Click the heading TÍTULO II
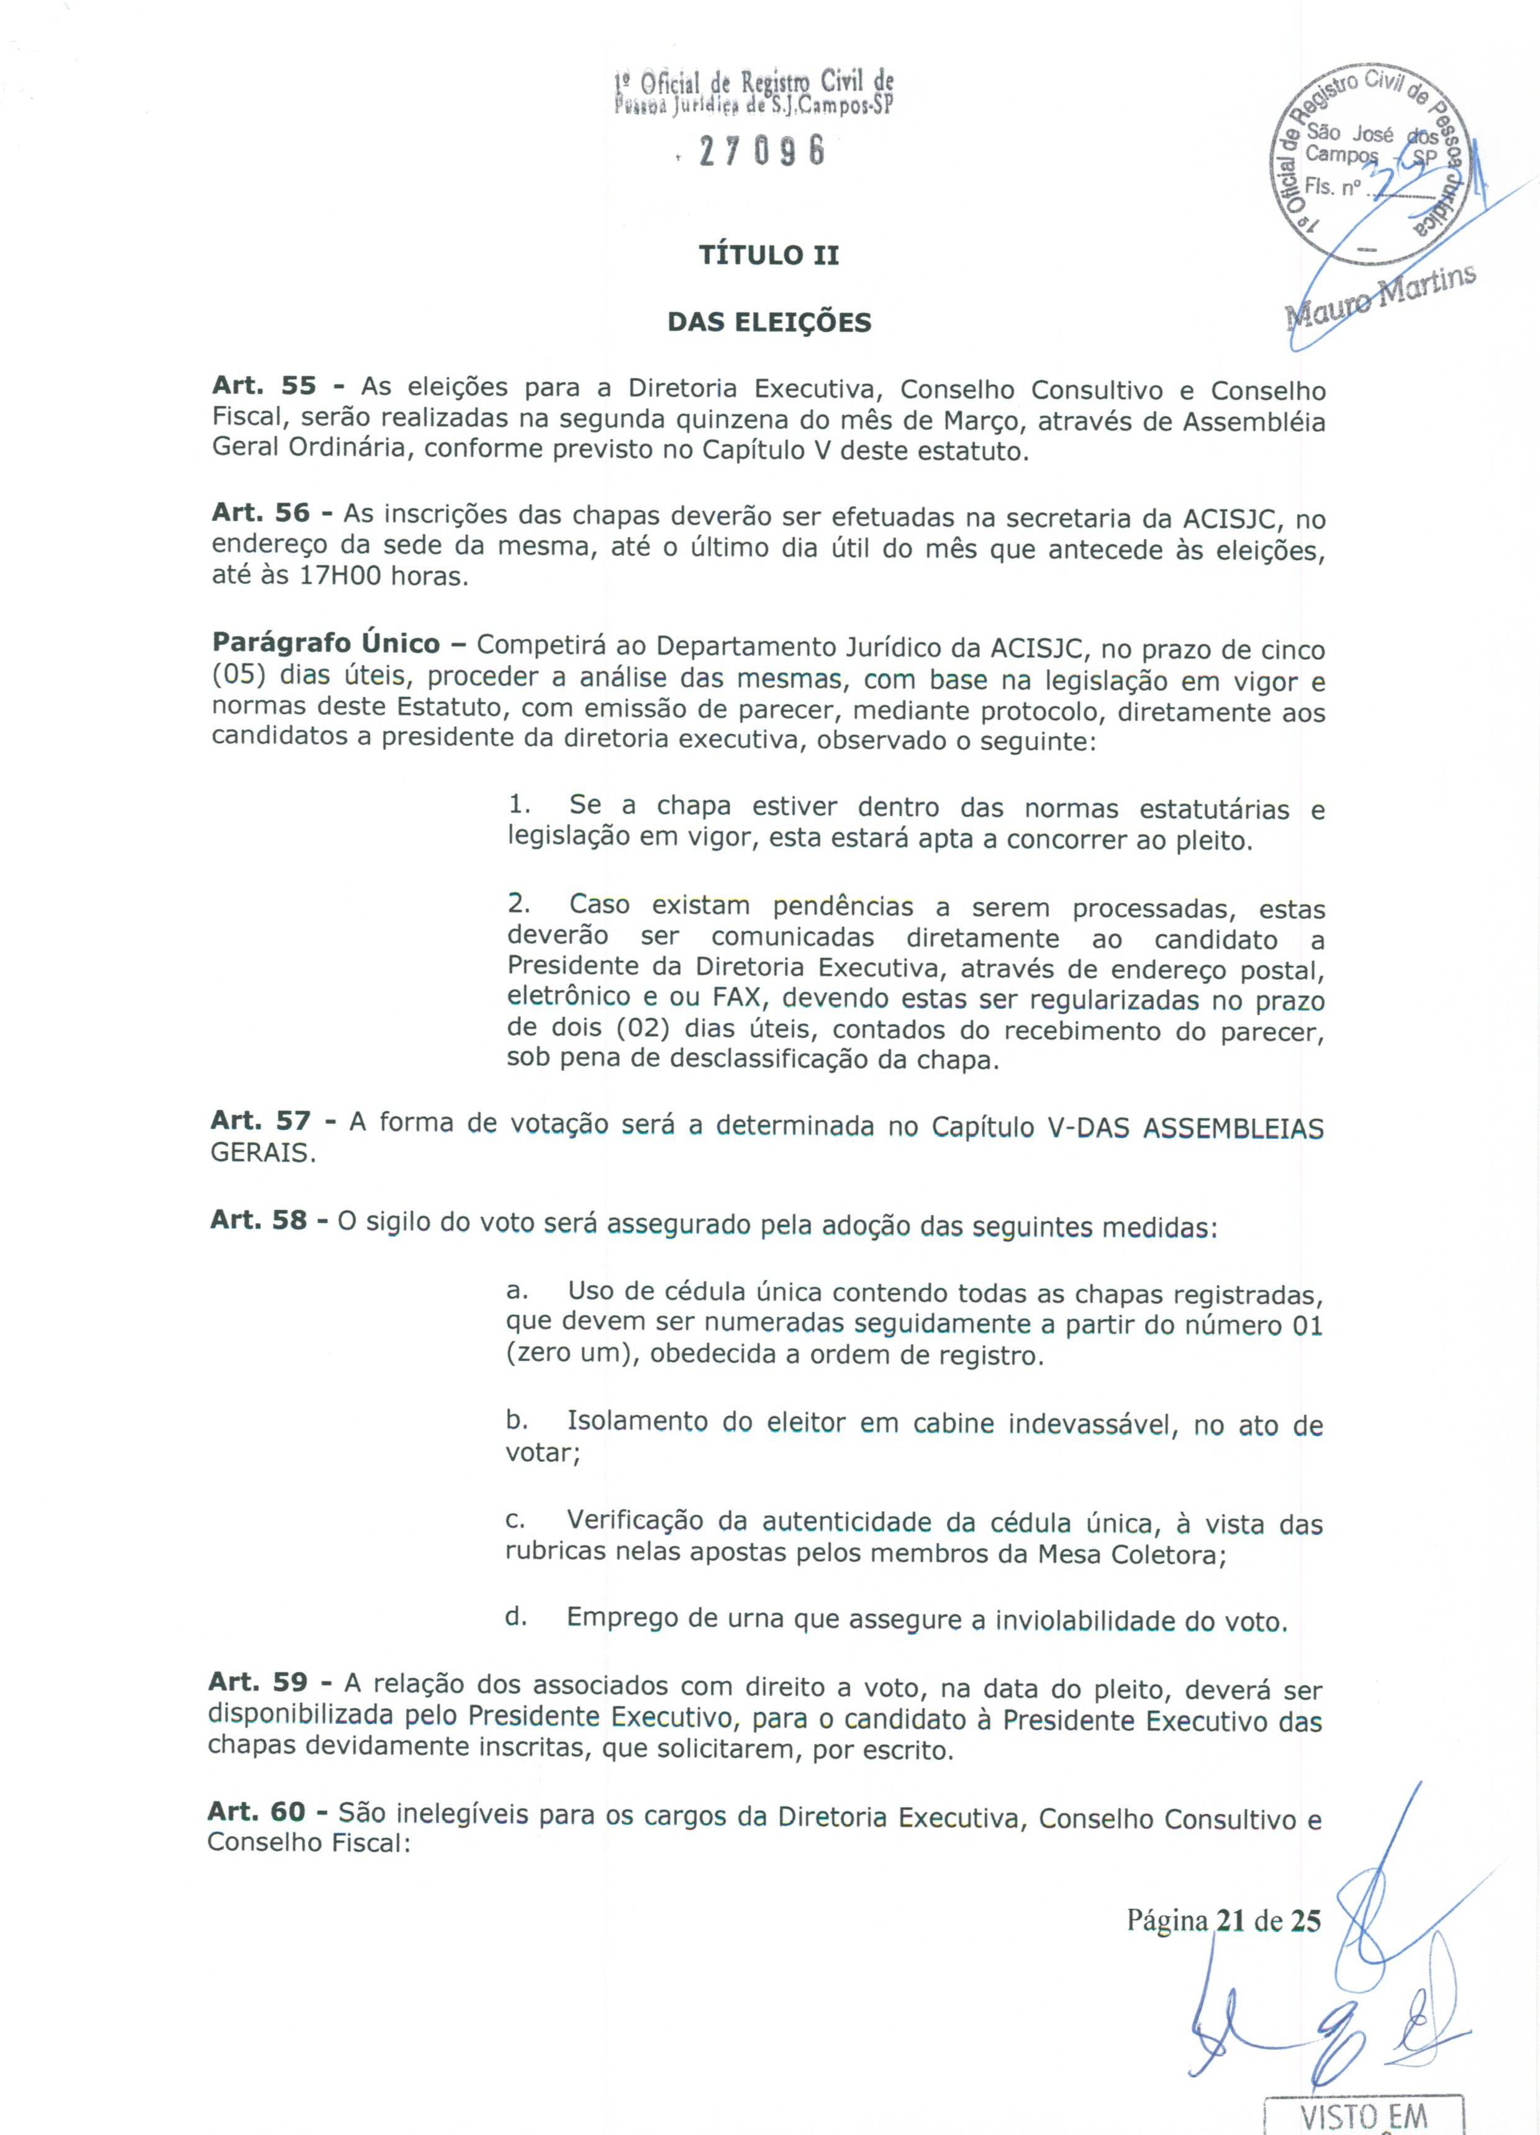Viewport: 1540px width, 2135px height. [x=768, y=255]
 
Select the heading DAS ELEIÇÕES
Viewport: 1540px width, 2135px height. [x=769, y=323]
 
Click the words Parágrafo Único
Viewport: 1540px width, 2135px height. [x=325, y=644]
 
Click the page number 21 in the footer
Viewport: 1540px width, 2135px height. [x=1230, y=1919]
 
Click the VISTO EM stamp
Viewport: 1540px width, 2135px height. [x=1361, y=2117]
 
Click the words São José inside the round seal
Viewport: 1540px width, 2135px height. [x=1350, y=135]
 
